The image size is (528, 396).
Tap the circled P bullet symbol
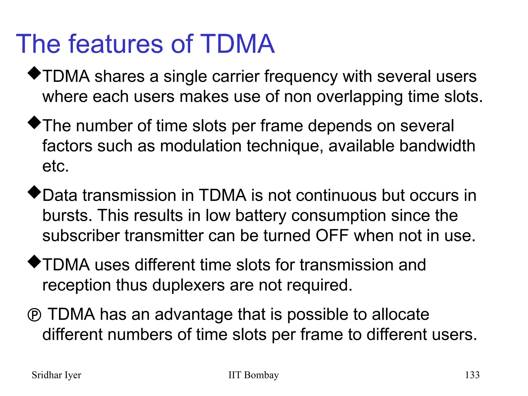pos(34,315)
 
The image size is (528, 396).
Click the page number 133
pos(472,375)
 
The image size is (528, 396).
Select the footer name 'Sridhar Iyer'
pos(56,375)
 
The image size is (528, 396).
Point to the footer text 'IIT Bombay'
pos(253,375)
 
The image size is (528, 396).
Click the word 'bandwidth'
pos(437,146)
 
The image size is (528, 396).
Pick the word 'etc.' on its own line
pos(55,166)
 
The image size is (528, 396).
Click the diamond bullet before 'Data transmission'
pos(34,192)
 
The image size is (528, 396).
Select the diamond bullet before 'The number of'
pos(34,123)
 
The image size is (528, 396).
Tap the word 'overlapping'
pos(360,97)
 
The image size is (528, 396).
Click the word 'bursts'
pos(67,216)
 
